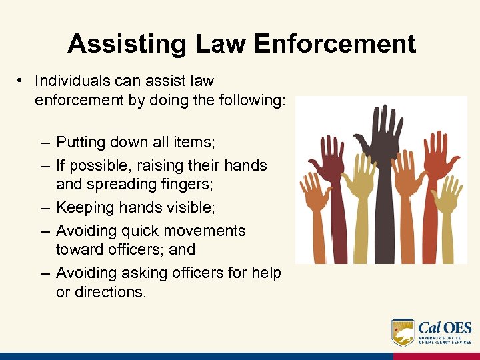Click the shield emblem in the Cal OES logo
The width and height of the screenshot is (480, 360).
(x=403, y=332)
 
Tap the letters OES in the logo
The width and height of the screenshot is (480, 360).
(x=455, y=327)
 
